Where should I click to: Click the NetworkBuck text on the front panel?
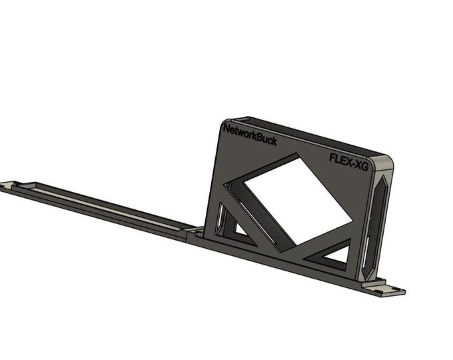[x=250, y=135]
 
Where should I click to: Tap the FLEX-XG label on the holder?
[x=348, y=158]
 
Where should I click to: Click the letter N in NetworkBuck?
[x=227, y=128]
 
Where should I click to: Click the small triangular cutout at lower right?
[x=336, y=253]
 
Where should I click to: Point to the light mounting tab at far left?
[x=11, y=185]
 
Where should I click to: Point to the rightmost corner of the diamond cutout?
[x=352, y=220]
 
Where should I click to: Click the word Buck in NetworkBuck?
[x=265, y=139]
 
